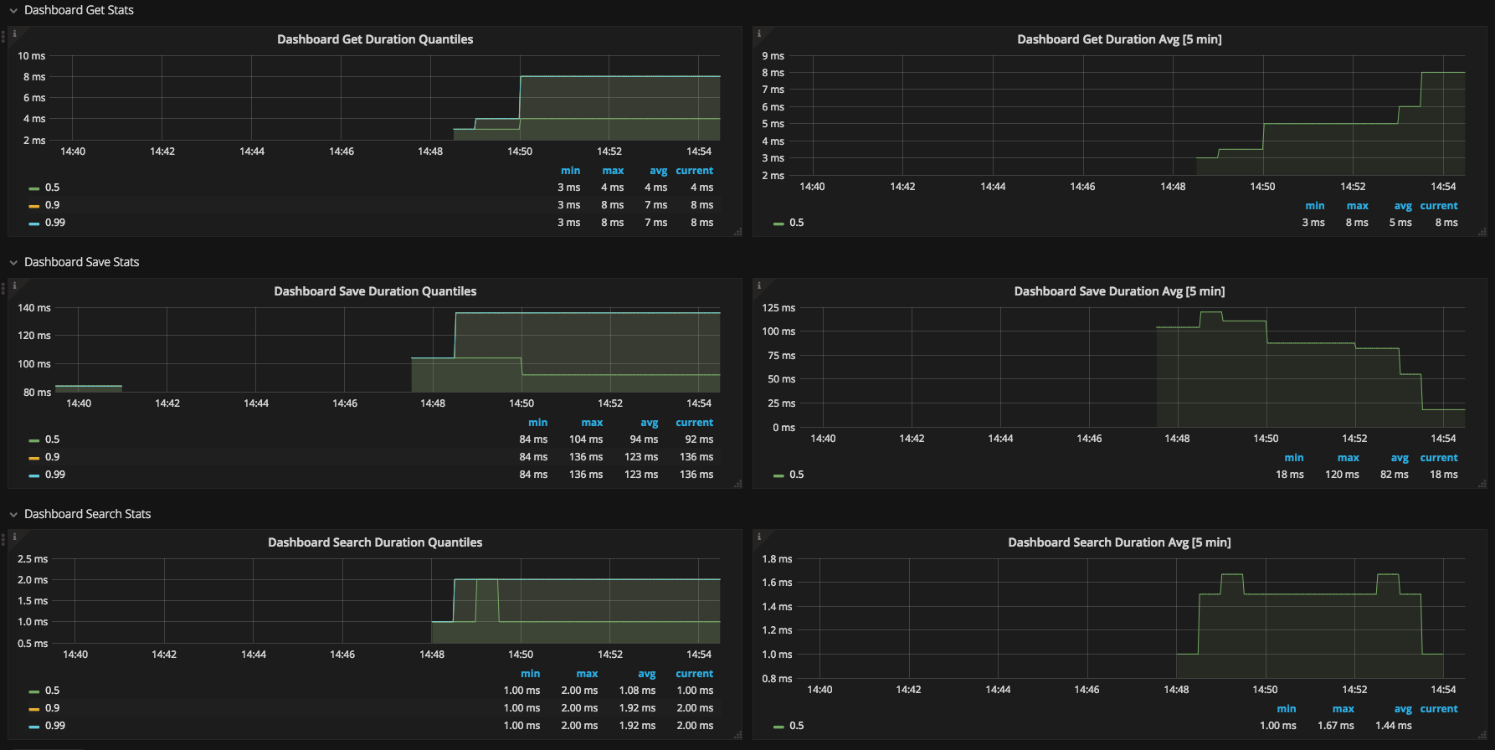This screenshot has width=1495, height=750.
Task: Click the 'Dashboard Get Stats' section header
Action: tap(79, 10)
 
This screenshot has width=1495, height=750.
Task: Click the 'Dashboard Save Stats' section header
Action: tap(81, 262)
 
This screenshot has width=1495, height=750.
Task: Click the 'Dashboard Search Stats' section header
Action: tap(87, 514)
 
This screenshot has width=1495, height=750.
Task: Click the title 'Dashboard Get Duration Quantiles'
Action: tap(375, 39)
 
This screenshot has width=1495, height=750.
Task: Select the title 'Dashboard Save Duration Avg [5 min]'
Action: tap(1119, 291)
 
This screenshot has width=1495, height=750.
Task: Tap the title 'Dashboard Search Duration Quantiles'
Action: tap(375, 542)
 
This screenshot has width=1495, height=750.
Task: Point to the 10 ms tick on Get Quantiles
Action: tap(32, 56)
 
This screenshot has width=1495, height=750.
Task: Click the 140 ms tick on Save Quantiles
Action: tap(34, 308)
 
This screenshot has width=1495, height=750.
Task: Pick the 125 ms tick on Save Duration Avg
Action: tap(778, 308)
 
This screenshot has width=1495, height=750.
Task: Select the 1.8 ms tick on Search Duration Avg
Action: tap(777, 559)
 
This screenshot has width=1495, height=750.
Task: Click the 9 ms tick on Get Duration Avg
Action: tap(773, 56)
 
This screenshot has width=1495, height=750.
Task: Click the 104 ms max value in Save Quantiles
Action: tap(586, 439)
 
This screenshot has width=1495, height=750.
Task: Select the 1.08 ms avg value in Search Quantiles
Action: tap(637, 691)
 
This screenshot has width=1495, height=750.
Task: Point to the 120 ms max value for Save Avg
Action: tap(1342, 475)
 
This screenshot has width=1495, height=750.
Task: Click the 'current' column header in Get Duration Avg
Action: tap(1439, 206)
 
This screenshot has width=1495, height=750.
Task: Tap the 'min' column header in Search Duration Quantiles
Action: tap(531, 674)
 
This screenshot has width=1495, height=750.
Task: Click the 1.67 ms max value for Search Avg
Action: tap(1336, 726)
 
